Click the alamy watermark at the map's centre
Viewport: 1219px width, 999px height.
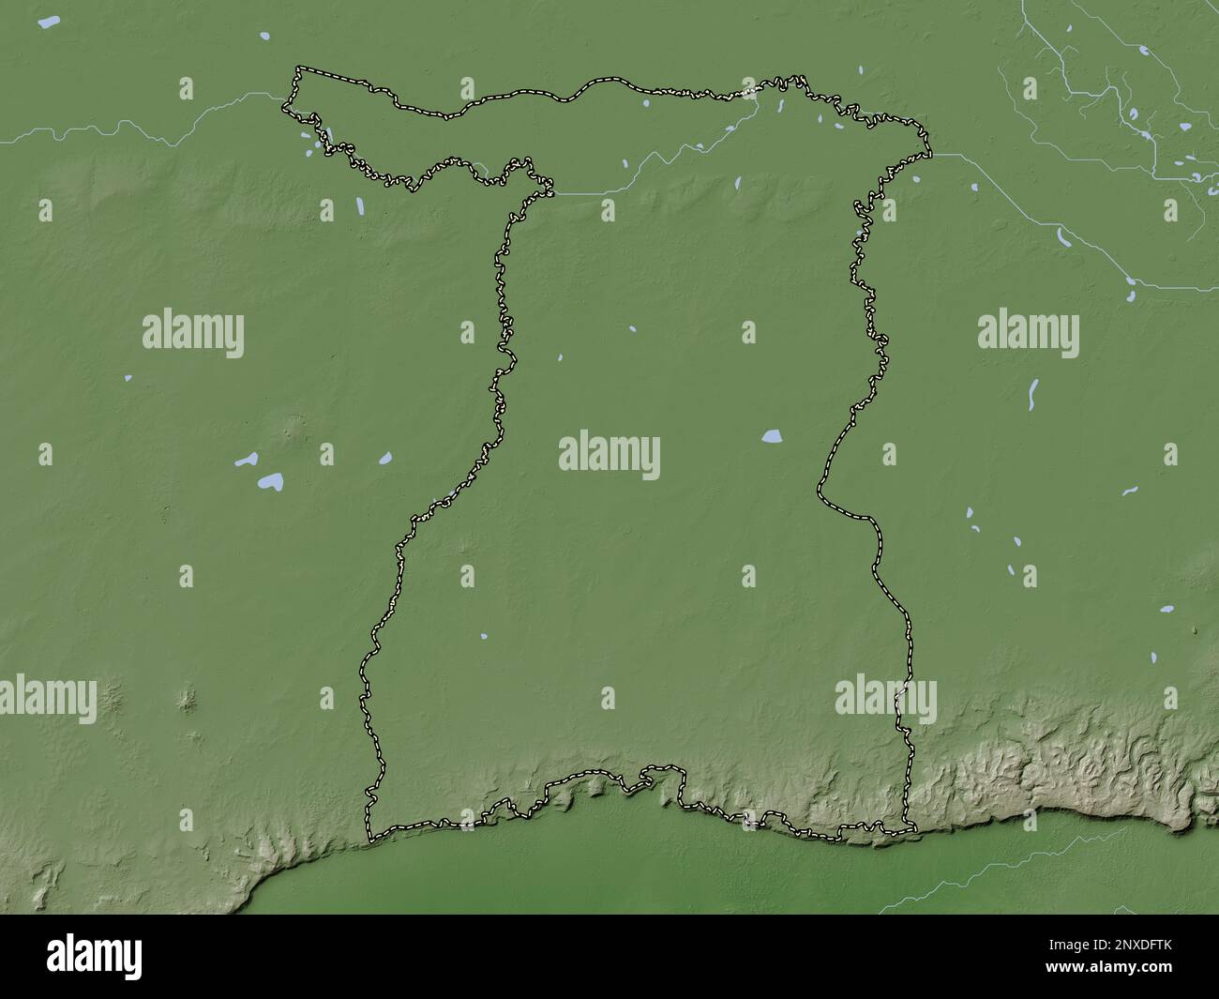point(609,457)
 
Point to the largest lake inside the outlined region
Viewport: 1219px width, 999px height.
point(772,436)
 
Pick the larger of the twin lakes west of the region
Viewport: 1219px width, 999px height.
point(271,482)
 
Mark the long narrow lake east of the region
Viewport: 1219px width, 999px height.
point(1033,395)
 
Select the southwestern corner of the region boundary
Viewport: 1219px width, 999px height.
point(369,838)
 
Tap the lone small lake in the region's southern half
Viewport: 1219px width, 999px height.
point(483,635)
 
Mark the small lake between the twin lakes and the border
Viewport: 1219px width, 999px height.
point(384,459)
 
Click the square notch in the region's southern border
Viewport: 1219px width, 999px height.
point(660,775)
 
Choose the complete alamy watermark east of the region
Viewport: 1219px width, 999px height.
point(1028,334)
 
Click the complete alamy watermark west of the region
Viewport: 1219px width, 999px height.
point(193,334)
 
